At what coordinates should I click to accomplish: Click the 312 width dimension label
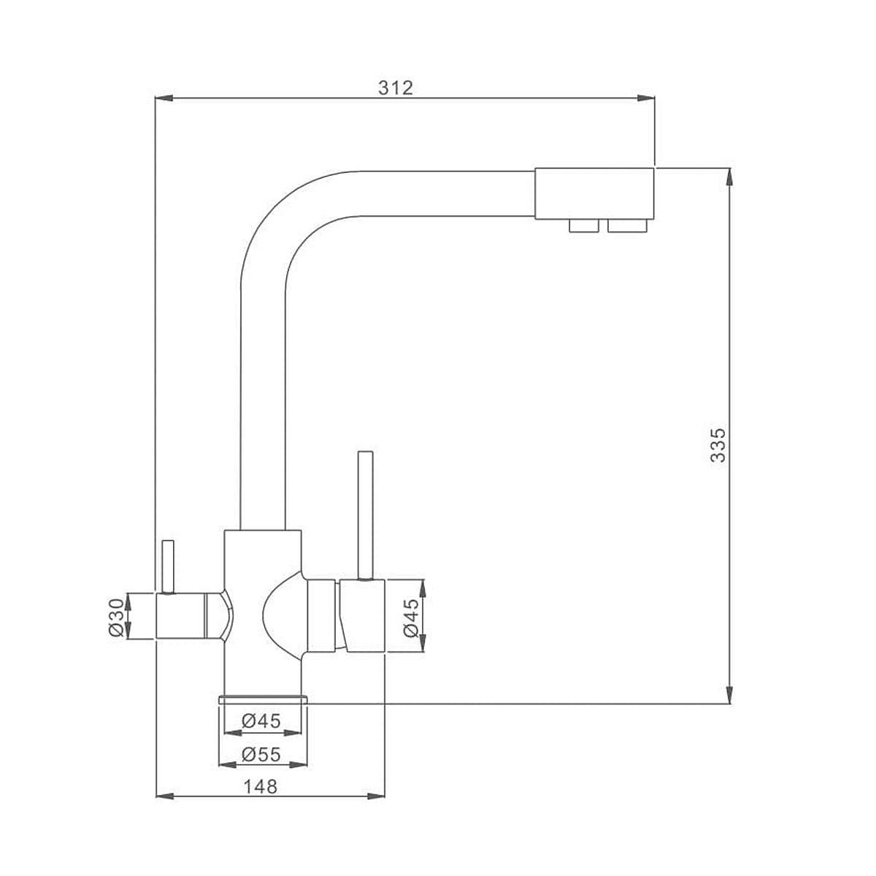point(396,88)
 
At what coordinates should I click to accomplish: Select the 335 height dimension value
point(718,445)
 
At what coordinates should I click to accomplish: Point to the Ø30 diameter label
point(117,617)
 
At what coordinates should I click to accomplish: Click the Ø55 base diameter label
point(261,755)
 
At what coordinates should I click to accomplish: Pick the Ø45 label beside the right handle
point(411,618)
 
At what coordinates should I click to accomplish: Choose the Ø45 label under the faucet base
point(261,721)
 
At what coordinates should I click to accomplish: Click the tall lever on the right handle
point(366,515)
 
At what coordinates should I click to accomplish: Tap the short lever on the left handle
point(168,567)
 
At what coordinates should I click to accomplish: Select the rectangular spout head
point(595,193)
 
